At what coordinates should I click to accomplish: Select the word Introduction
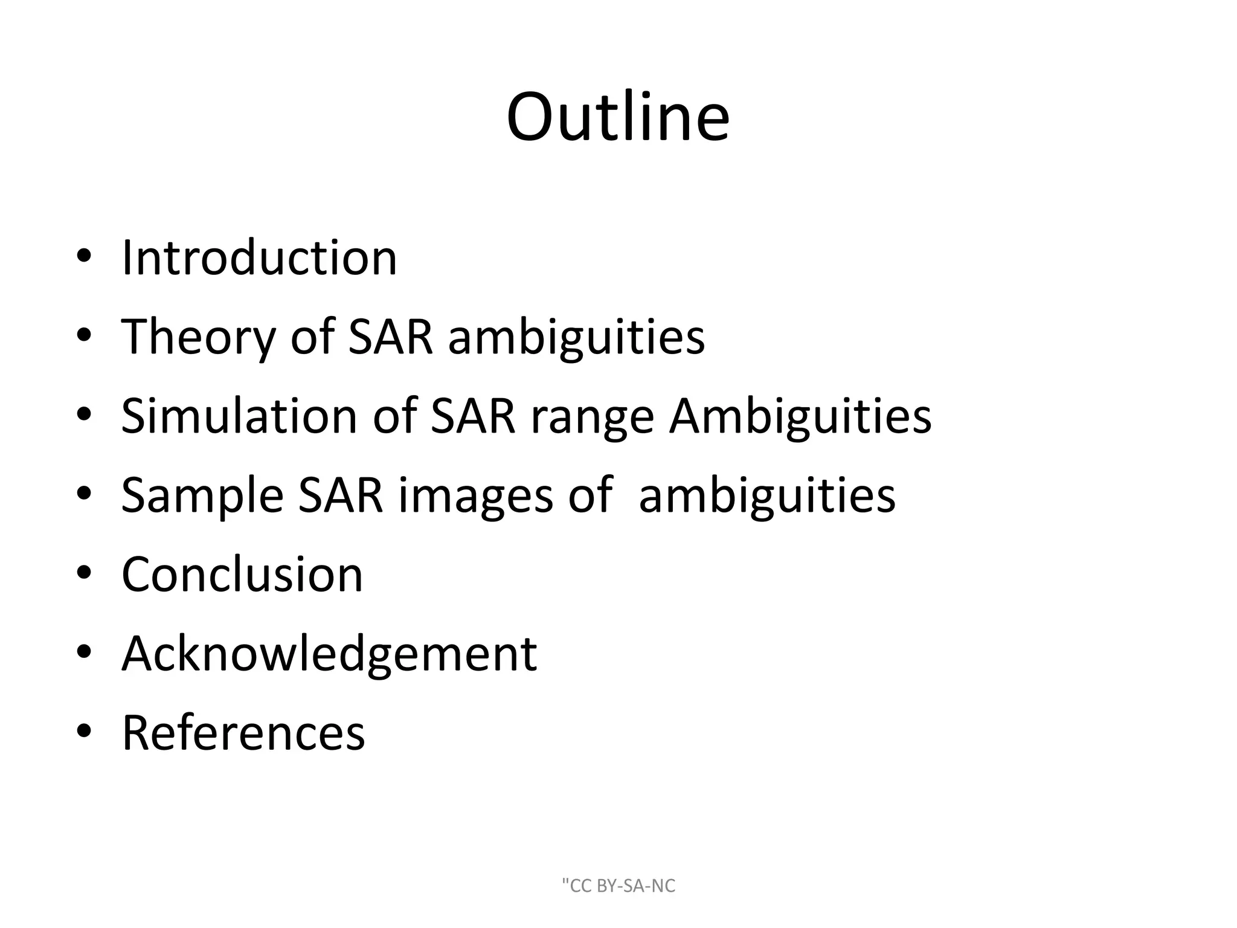click(259, 258)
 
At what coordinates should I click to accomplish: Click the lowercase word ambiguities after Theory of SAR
click(576, 337)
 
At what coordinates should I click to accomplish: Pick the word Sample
click(202, 495)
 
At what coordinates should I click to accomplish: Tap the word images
click(476, 495)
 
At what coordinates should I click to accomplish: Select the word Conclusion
click(242, 574)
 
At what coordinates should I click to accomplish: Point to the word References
click(243, 732)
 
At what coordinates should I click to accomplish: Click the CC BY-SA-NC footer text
click(618, 886)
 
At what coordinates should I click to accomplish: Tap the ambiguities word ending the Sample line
click(766, 495)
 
